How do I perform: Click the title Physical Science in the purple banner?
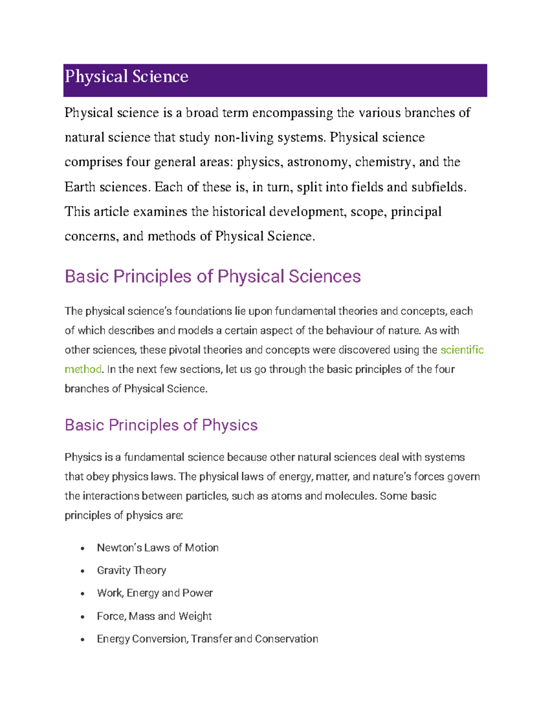pos(126,76)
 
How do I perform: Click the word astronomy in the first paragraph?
pos(317,162)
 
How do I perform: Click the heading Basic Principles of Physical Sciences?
pos(213,277)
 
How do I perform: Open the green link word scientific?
pos(462,350)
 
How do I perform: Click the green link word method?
pos(83,369)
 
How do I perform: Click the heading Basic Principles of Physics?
pos(161,425)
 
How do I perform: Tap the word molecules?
pos(349,496)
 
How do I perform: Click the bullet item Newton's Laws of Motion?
pos(158,548)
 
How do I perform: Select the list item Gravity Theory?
pos(132,570)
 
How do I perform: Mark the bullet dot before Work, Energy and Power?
pos(82,594)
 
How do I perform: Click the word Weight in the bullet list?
pos(195,616)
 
